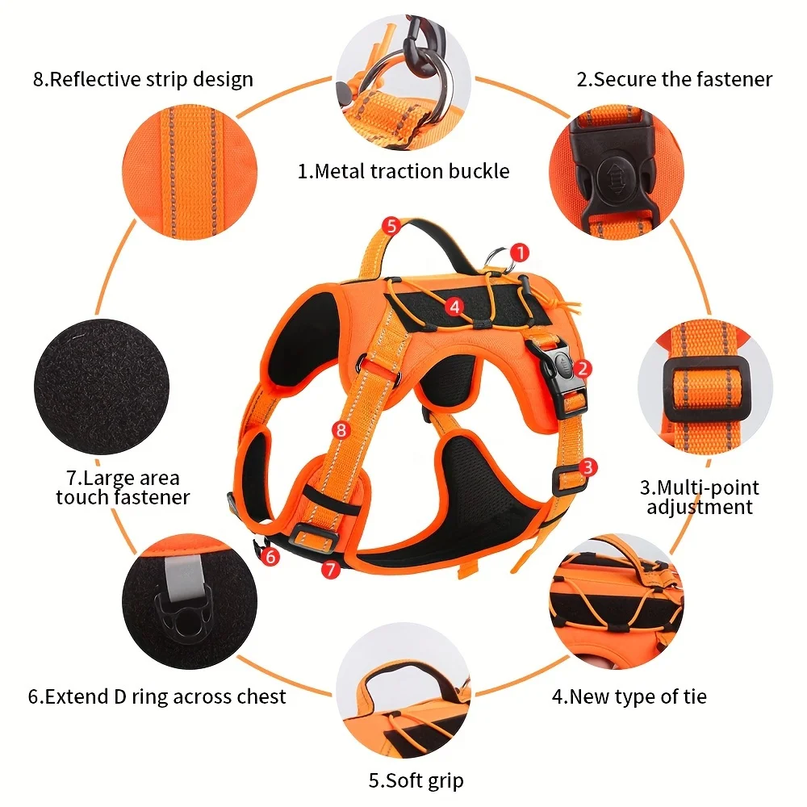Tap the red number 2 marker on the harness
(x=583, y=368)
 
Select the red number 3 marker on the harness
(x=588, y=466)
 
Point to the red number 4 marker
(x=455, y=306)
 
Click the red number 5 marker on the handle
(x=391, y=225)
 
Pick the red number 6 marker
(x=270, y=556)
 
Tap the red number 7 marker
(x=328, y=569)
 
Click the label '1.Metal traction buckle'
(x=403, y=171)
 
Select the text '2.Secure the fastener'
(x=674, y=79)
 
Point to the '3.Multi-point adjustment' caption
(x=699, y=497)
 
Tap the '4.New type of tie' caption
(x=629, y=696)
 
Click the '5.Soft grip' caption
(x=416, y=780)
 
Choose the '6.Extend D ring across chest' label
(x=157, y=696)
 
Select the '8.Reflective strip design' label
(x=143, y=79)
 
